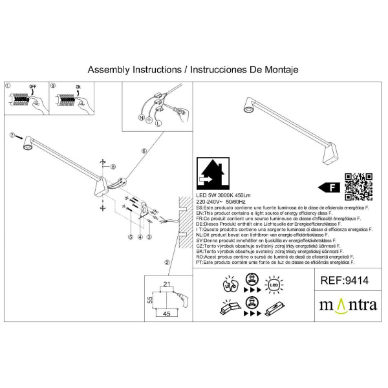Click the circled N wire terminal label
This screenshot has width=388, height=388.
pyautogui.click(x=142, y=118)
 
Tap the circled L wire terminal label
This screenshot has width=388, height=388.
pyautogui.click(x=159, y=123)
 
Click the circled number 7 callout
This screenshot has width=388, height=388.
pyautogui.click(x=12, y=135)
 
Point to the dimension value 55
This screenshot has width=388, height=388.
pyautogui.click(x=148, y=300)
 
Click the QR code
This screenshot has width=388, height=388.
pyautogui.click(x=358, y=187)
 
